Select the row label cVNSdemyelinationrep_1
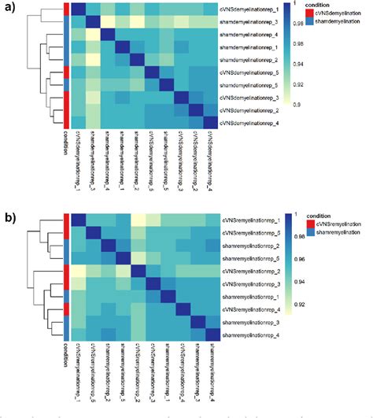[x=253, y=9]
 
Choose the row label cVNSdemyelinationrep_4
[x=253, y=124]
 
